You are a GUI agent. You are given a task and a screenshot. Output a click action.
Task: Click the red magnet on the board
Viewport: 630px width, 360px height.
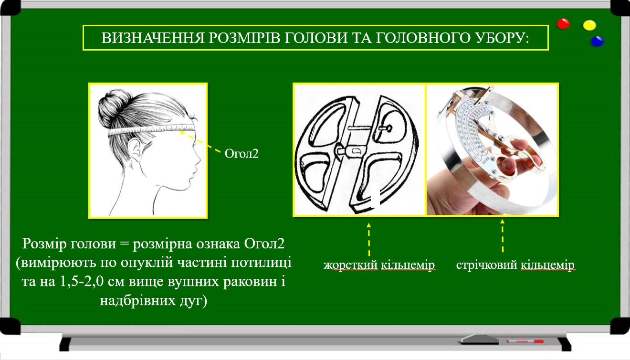coord(563,24)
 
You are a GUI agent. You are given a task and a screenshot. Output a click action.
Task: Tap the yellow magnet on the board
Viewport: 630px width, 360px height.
coord(589,25)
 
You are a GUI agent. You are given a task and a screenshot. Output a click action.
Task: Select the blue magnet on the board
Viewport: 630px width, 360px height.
coord(597,42)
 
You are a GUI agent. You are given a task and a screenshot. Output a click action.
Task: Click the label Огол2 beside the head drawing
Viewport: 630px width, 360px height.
coord(241,154)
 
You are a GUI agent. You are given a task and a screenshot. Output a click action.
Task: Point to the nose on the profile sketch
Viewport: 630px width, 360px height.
coord(198,160)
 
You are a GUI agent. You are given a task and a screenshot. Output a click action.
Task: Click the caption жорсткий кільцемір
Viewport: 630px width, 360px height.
coord(379,265)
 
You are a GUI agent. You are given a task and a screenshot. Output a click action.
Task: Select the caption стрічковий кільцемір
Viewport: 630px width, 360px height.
coord(515,265)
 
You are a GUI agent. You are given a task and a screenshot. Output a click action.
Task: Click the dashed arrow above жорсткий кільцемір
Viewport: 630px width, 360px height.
coord(369,239)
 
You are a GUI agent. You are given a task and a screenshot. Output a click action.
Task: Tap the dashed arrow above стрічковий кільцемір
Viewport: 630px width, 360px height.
coord(502,236)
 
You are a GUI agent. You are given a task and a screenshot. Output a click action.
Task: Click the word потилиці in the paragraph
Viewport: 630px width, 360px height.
coord(262,263)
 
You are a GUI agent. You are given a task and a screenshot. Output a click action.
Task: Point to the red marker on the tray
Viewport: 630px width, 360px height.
coord(525,342)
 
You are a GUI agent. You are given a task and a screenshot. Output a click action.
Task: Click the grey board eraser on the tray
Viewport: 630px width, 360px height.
coord(479,339)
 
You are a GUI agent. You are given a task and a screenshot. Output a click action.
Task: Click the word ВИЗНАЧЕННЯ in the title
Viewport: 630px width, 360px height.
coord(153,38)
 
